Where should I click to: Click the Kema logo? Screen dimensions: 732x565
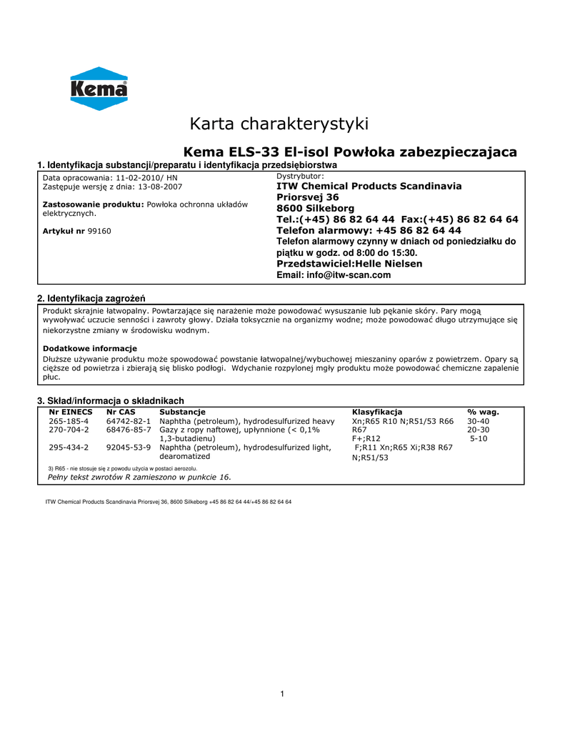coord(99,89)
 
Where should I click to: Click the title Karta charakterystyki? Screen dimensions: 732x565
coord(279,124)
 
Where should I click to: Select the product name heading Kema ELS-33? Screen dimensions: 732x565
coord(350,152)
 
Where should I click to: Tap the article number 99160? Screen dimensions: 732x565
coord(99,231)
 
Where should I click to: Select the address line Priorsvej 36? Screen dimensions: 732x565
coord(308,197)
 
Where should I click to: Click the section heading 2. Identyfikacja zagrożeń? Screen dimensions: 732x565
coord(94,298)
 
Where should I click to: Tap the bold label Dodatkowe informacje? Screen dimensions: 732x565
coord(90,348)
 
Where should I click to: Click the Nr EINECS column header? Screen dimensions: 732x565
coord(70,412)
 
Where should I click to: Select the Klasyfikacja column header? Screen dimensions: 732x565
coord(377,412)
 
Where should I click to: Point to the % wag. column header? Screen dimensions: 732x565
coord(483,412)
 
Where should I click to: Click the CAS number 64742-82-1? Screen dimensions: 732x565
coord(129,421)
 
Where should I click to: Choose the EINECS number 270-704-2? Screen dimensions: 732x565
coord(69,430)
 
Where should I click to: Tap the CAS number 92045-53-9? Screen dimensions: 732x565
coord(129,447)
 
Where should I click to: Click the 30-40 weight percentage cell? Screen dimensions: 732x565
coord(479,421)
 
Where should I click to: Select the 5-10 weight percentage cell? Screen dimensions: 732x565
coord(479,438)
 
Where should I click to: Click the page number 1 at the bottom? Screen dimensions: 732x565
coord(283,693)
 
